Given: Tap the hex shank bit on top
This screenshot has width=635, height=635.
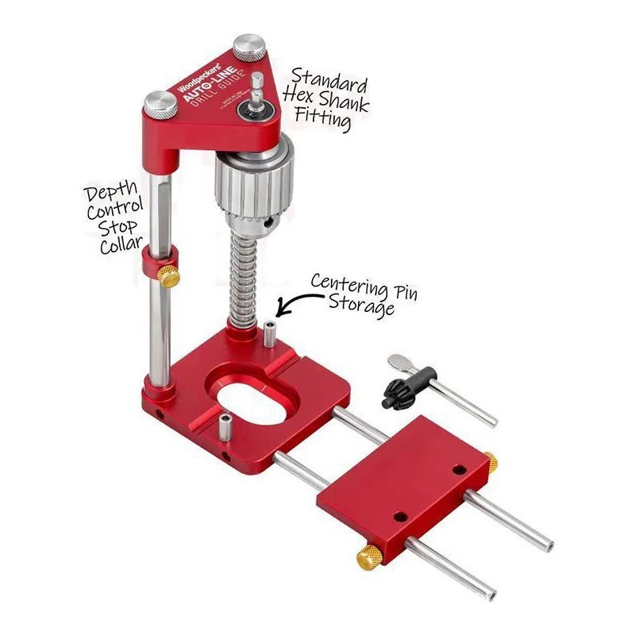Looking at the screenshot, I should (257, 92).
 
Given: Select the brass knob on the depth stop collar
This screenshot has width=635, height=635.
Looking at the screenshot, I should (168, 276).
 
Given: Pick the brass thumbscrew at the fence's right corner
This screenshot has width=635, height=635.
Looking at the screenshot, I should (491, 461).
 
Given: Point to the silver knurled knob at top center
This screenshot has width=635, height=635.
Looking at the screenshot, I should (249, 46).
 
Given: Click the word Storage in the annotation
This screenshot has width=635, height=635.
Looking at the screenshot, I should (368, 306).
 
